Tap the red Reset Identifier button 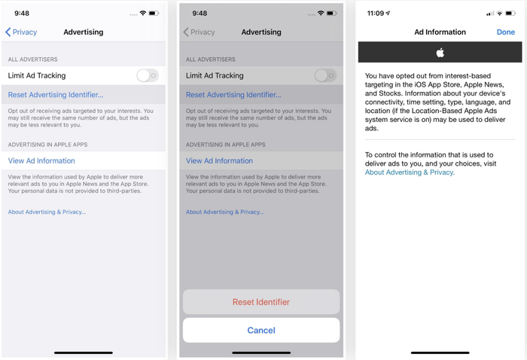pyautogui.click(x=261, y=302)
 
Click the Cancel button pyautogui.click(x=261, y=330)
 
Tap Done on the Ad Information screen pyautogui.click(x=505, y=32)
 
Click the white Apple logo pyautogui.click(x=440, y=53)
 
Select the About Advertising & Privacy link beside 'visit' pyautogui.click(x=410, y=172)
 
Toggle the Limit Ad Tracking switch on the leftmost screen pyautogui.click(x=148, y=75)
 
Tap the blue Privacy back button pyautogui.click(x=21, y=32)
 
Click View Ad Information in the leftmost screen pyautogui.click(x=41, y=160)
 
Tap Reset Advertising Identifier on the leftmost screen pyautogui.click(x=56, y=95)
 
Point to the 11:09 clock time pyautogui.click(x=376, y=13)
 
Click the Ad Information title pyautogui.click(x=440, y=32)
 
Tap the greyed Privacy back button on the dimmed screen pyautogui.click(x=199, y=32)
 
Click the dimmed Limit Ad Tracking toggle pyautogui.click(x=325, y=75)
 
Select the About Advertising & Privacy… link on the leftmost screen pyautogui.click(x=47, y=212)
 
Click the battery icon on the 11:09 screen pyautogui.click(x=510, y=13)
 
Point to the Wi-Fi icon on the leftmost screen pyautogui.click(x=143, y=13)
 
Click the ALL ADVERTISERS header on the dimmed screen pyautogui.click(x=210, y=59)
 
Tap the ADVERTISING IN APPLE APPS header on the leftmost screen pyautogui.click(x=47, y=145)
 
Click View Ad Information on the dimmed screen pyautogui.click(x=219, y=160)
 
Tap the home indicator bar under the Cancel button pyautogui.click(x=261, y=352)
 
